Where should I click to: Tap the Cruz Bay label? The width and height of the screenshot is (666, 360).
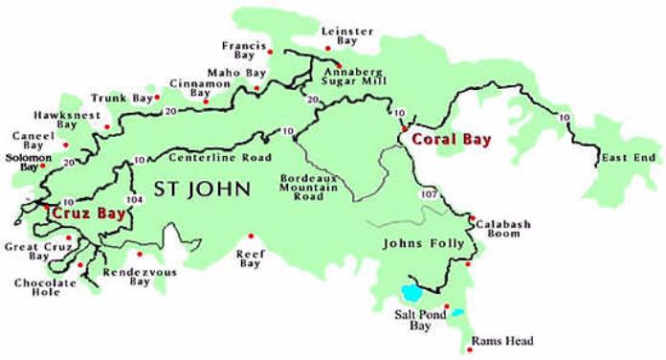[89, 214]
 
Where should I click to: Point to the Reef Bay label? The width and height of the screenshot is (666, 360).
[251, 258]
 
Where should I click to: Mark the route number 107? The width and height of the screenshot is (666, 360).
[428, 194]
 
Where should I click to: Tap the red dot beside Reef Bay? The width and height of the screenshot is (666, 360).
[251, 236]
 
